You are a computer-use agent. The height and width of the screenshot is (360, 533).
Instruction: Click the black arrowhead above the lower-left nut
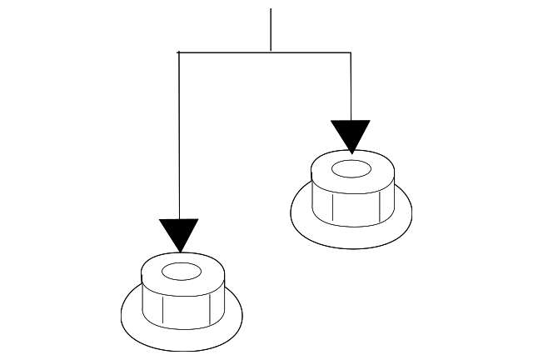[178, 232]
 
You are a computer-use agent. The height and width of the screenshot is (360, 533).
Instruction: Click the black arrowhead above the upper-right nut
[350, 134]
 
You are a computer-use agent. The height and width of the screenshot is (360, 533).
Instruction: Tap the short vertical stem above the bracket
[271, 29]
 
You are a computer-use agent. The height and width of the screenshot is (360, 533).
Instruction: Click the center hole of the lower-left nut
[181, 272]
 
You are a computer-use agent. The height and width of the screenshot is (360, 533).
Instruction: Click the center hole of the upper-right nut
[351, 170]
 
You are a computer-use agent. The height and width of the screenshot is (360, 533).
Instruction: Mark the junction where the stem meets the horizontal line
[271, 52]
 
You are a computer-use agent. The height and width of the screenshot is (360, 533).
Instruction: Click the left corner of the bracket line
[179, 52]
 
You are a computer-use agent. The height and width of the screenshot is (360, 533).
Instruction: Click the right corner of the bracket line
[351, 52]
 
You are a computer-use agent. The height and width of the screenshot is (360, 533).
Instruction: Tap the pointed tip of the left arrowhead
[179, 252]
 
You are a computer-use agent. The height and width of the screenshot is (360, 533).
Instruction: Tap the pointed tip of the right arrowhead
[351, 153]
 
